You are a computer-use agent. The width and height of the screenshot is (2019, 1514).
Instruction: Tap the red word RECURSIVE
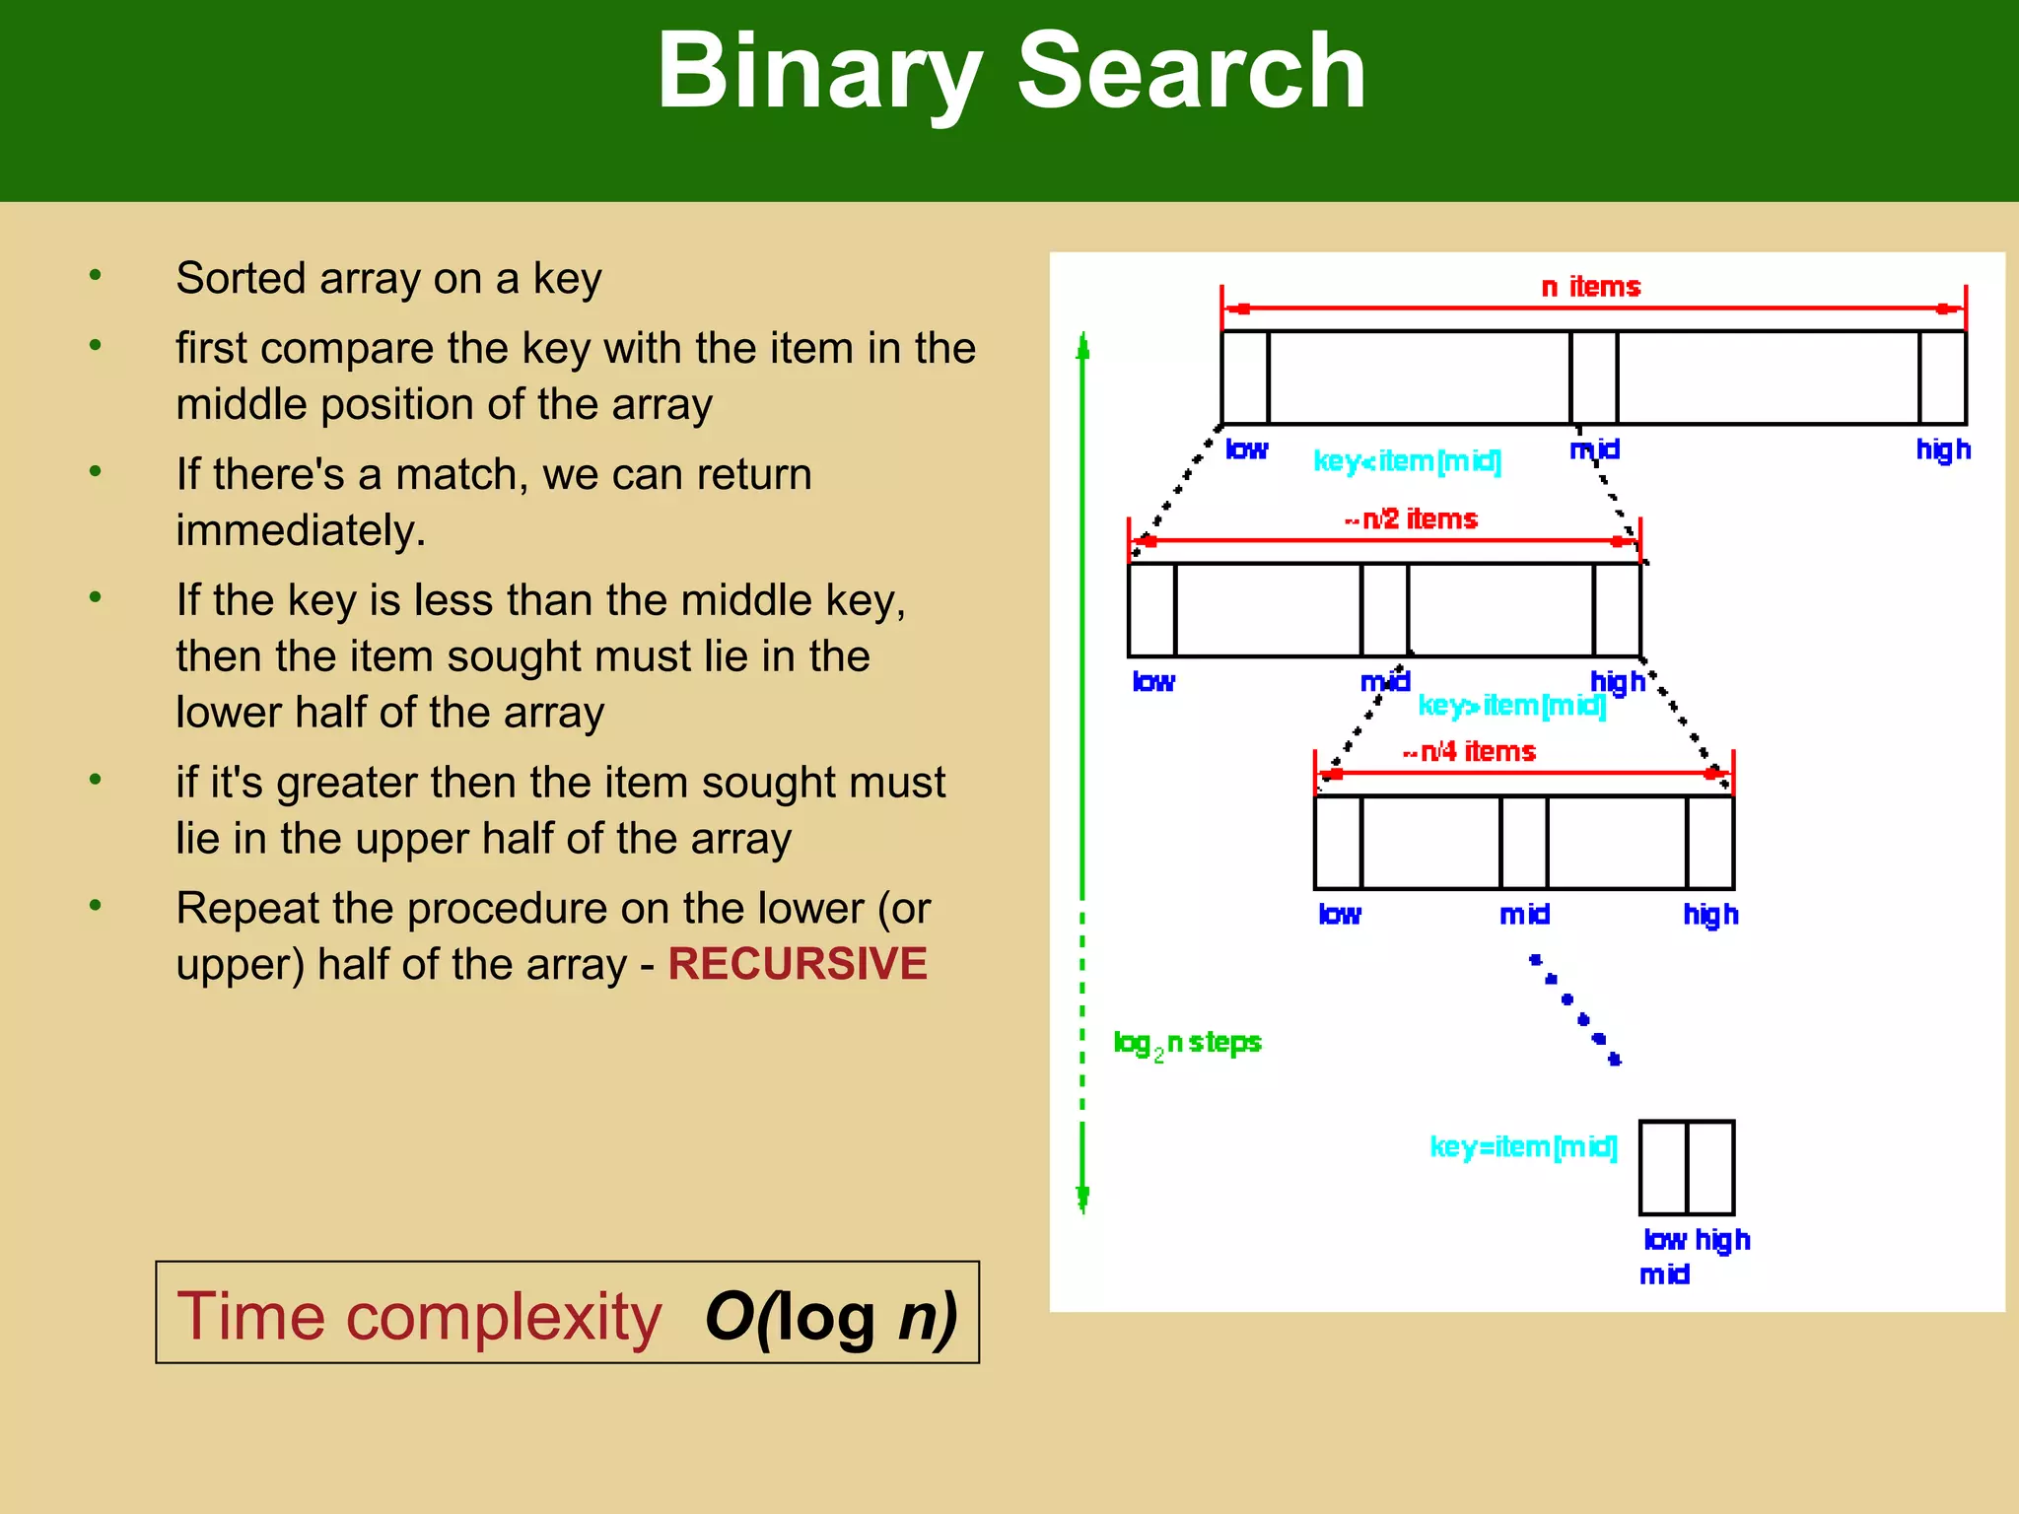point(797,964)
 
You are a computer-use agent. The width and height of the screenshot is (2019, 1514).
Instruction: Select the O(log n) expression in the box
point(830,1317)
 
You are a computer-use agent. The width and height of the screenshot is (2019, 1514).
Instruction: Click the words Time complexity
point(419,1317)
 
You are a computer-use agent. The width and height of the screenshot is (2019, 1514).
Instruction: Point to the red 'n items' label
point(1590,287)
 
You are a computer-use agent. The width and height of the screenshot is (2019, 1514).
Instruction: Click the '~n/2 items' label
point(1411,519)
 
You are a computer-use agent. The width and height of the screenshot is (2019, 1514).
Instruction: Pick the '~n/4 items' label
point(1469,752)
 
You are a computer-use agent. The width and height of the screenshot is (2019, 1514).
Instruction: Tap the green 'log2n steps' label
point(1187,1043)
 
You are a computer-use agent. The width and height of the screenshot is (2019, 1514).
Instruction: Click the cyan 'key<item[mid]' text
point(1407,461)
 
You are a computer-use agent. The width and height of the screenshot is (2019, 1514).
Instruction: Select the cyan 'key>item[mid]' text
point(1511,706)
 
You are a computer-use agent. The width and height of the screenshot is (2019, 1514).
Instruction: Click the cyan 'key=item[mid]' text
point(1523,1147)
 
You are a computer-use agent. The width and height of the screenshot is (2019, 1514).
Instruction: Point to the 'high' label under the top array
point(1942,449)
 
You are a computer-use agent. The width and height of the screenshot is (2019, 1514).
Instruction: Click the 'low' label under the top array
point(1246,449)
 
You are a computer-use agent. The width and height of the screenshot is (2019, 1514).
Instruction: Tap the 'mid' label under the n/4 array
point(1524,915)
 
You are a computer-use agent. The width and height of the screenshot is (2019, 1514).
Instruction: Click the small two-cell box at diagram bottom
point(1686,1167)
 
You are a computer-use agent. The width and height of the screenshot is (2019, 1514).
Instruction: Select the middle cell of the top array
point(1593,378)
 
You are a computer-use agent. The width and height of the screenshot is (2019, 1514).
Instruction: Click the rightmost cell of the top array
point(1942,378)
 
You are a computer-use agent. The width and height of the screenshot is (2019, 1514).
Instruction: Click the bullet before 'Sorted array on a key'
point(95,276)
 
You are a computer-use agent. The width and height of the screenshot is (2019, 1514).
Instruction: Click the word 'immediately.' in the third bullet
point(301,530)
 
